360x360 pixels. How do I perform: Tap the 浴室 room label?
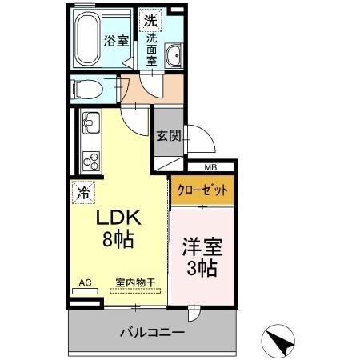116,42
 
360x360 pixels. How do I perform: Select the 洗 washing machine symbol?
150,21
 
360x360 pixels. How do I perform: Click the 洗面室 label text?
152,49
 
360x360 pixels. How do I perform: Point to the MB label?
210,167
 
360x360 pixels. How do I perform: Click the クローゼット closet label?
202,192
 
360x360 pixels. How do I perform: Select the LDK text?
118,218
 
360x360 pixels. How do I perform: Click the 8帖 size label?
118,238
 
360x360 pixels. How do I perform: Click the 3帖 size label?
202,270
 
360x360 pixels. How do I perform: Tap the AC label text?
85,282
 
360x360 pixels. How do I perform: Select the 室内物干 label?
135,282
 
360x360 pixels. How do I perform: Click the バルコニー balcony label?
152,331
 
